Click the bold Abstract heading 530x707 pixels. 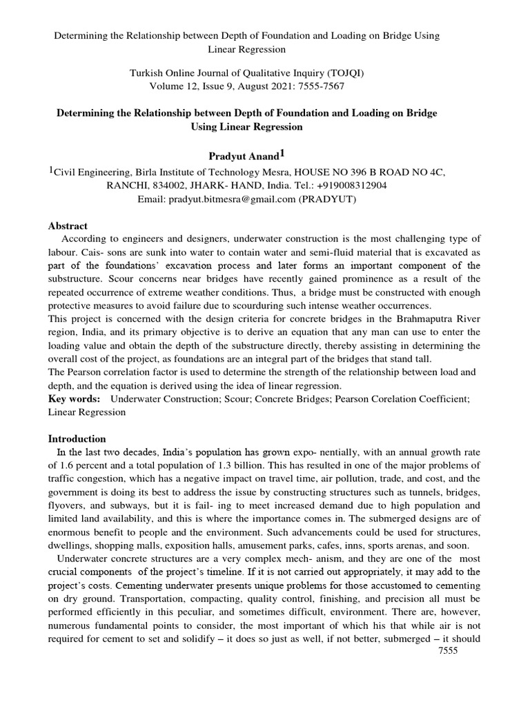[68, 226]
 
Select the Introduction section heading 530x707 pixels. [77, 438]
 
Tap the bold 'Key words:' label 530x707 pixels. [73, 399]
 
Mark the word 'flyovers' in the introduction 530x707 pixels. [69, 505]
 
